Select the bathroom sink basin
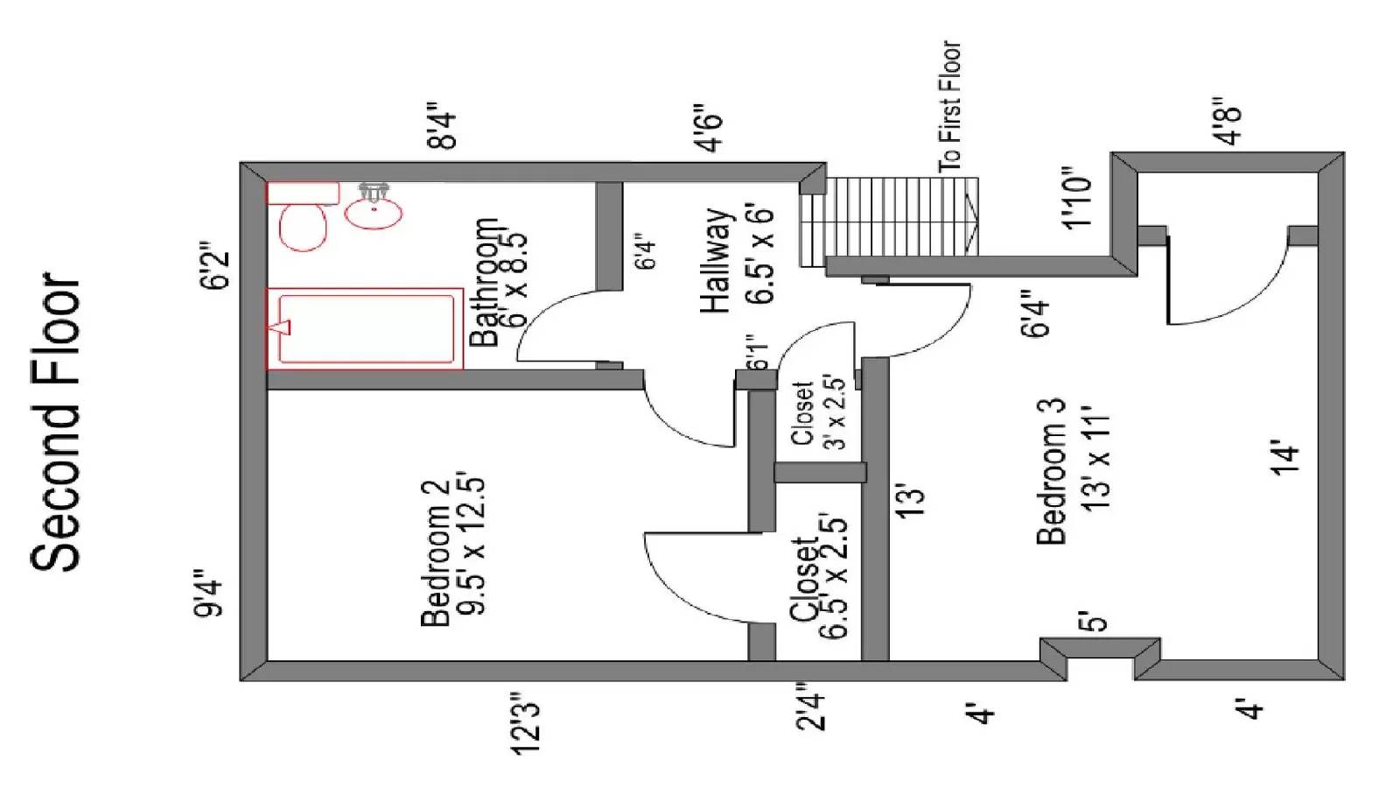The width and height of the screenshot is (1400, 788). tap(374, 213)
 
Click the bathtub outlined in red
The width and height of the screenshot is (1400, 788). tap(366, 328)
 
